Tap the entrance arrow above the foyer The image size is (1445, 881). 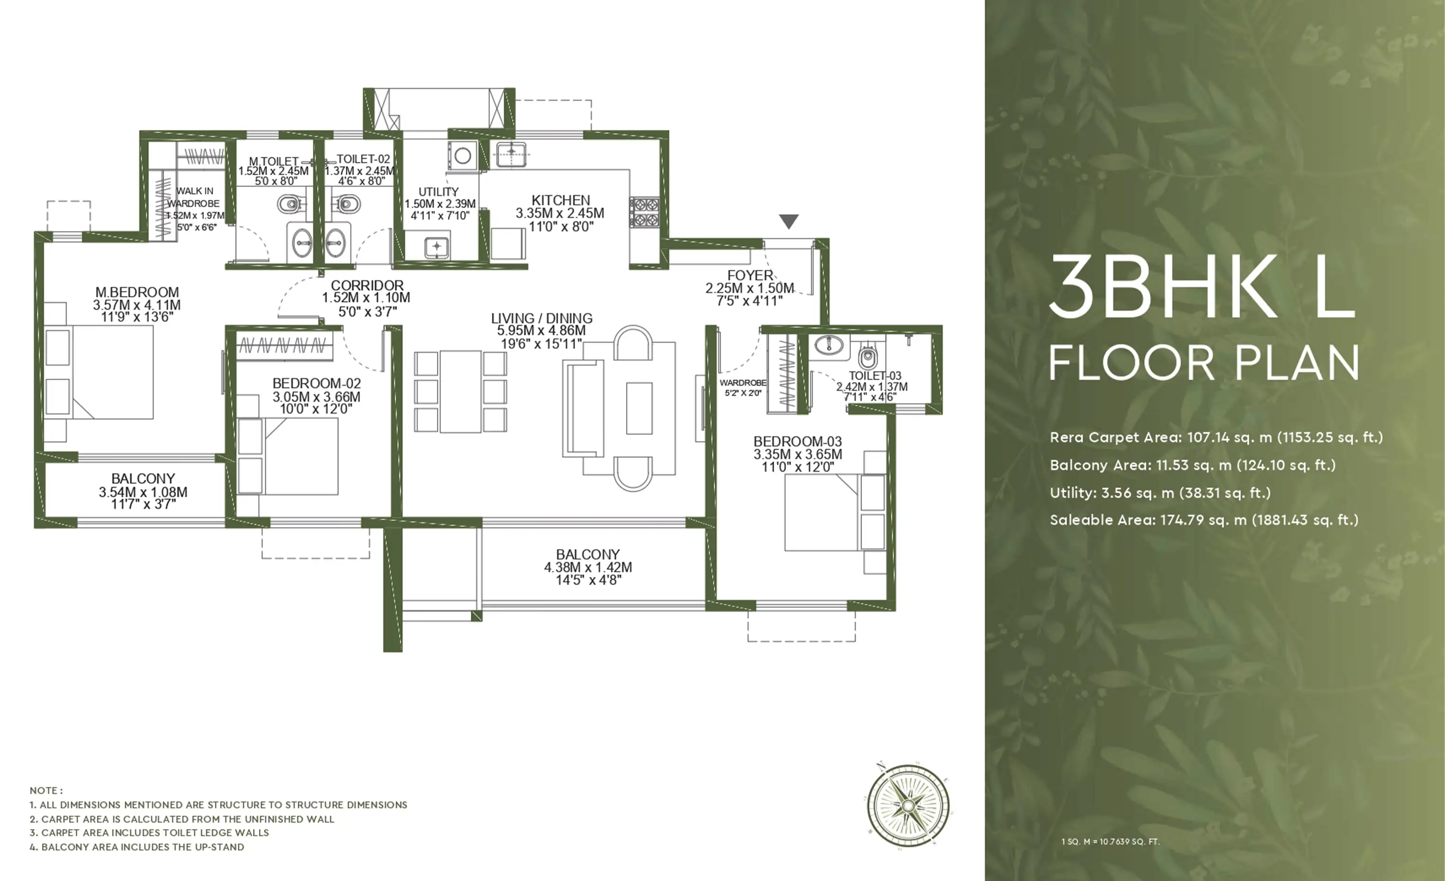(x=789, y=221)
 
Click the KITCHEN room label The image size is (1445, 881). (x=561, y=201)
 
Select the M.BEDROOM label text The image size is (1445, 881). (x=137, y=292)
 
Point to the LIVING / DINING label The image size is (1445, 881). (x=541, y=318)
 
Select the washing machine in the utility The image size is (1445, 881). (x=463, y=156)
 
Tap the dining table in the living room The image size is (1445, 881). (x=461, y=392)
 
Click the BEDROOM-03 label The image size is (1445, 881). (x=798, y=441)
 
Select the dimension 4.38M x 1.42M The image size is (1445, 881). (x=588, y=567)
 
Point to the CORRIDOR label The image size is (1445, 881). (x=367, y=285)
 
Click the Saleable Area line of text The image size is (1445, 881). (x=1204, y=520)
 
